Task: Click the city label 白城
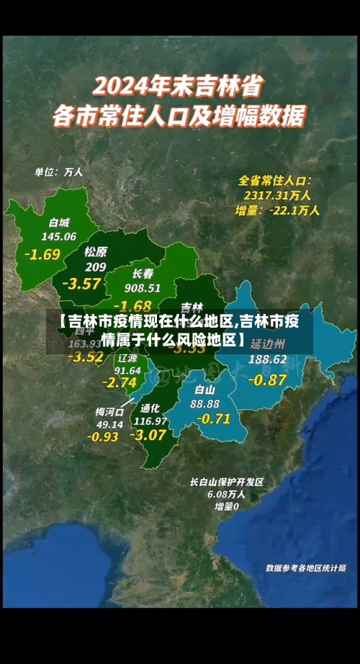coord(60,221)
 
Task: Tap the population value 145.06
coord(59,235)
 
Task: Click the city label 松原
coord(95,251)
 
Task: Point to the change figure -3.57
coord(81,283)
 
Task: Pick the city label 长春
coord(143,274)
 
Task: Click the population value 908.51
coord(143,287)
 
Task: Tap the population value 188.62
coord(268,359)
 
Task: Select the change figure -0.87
coord(266,379)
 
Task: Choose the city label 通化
coord(150,407)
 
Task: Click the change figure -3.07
coord(148,434)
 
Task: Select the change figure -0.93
coord(103,436)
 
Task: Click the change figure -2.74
coord(120,382)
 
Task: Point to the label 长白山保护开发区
coord(227,482)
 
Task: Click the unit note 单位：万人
coord(59,172)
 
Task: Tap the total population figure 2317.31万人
coord(277,194)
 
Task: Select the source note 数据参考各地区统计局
coord(305,567)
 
